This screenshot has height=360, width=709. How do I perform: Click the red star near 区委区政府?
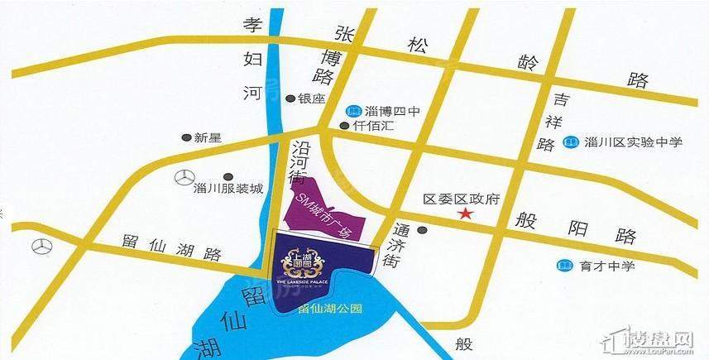(467, 214)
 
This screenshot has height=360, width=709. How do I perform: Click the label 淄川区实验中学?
(633, 142)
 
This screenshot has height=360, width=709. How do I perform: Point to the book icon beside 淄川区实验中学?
(570, 143)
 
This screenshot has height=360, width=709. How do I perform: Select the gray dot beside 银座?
(290, 98)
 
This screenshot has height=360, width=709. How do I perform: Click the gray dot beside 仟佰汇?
(344, 127)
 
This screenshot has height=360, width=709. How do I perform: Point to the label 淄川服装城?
(227, 189)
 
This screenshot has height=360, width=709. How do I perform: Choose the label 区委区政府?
(462, 199)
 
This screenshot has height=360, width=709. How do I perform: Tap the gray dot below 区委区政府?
(423, 229)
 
